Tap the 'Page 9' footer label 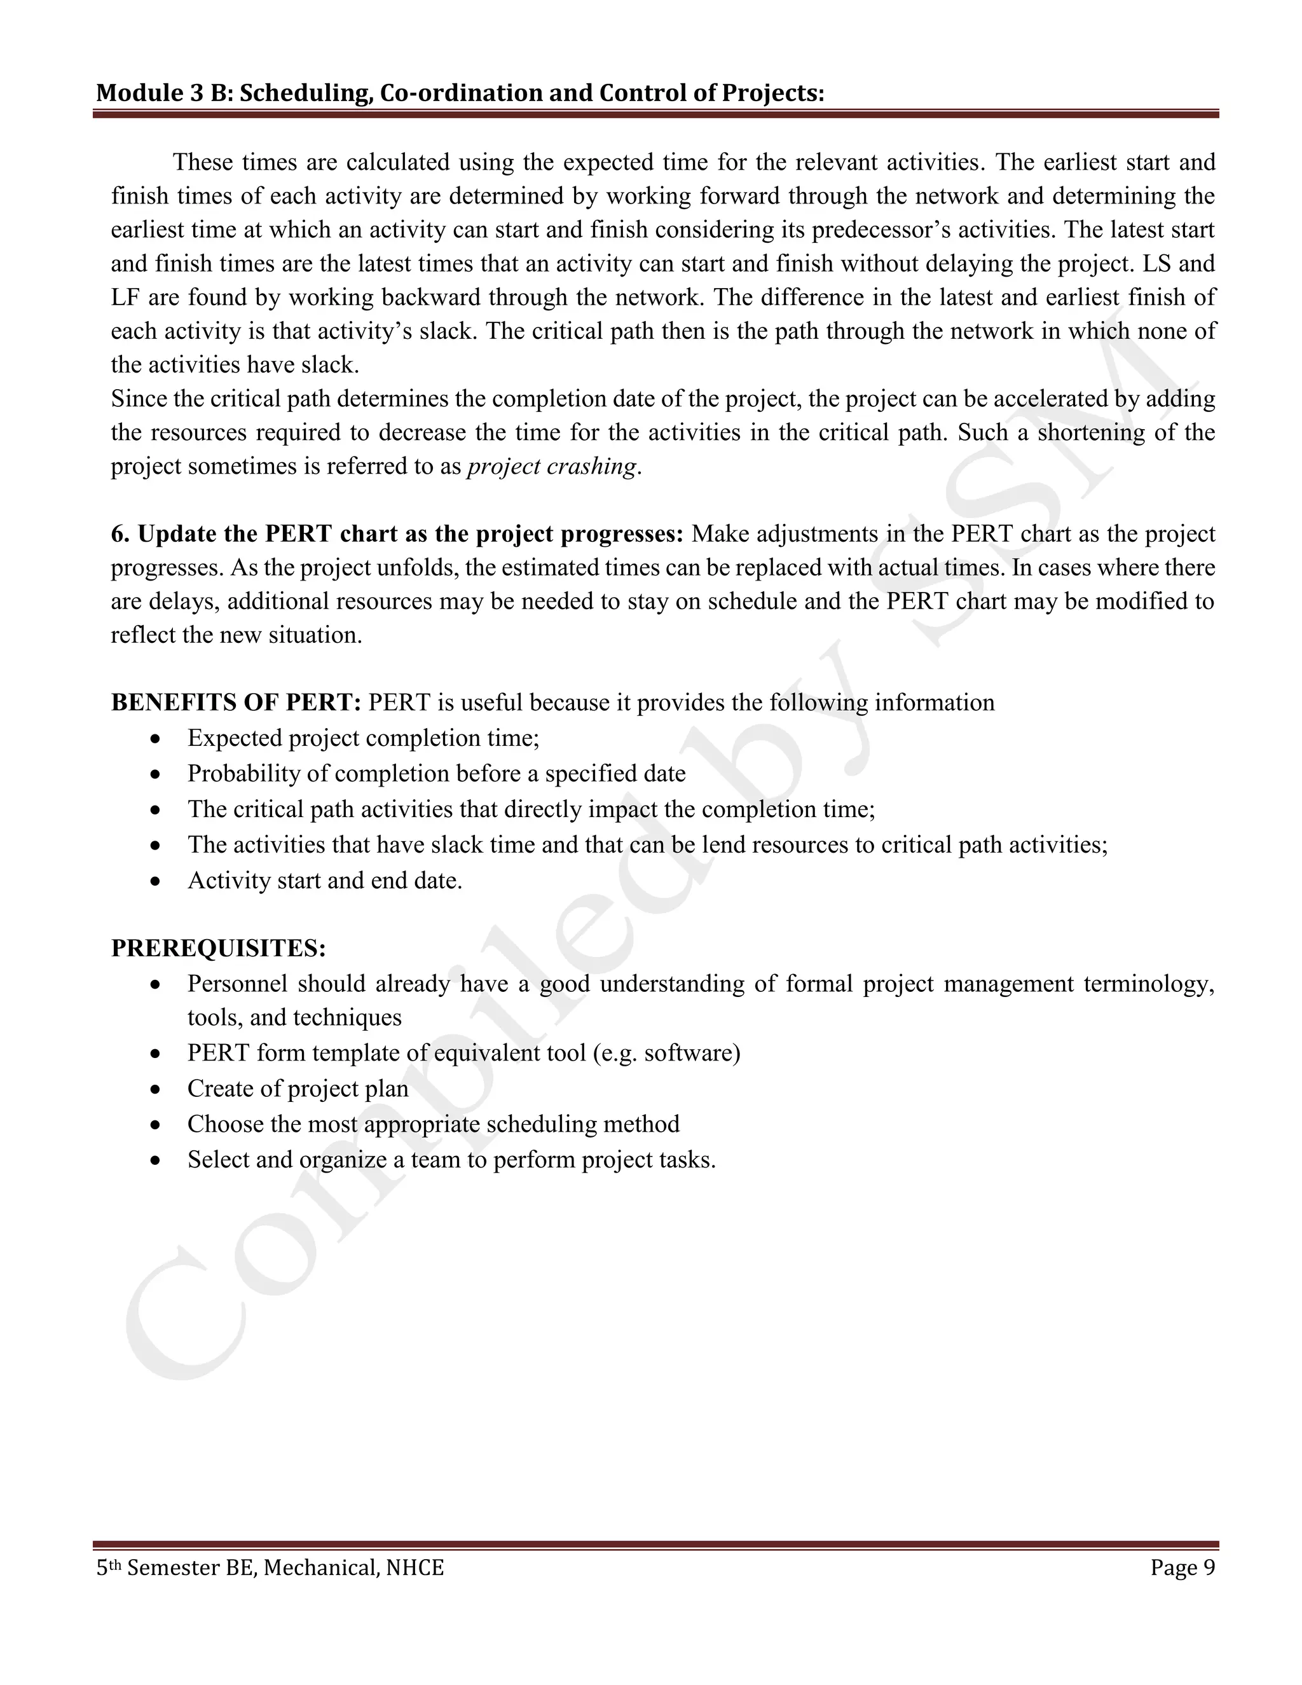click(x=1182, y=1568)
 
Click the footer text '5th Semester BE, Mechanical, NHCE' click(x=270, y=1568)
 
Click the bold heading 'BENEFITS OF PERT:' click(x=236, y=703)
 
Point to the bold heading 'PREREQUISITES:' click(x=218, y=948)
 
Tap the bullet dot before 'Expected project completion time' click(x=156, y=739)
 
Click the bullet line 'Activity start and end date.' click(x=325, y=880)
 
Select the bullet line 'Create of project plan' click(x=298, y=1089)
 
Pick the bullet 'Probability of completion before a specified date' click(x=435, y=774)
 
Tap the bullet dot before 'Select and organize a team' click(x=156, y=1160)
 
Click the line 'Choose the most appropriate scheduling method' click(x=433, y=1124)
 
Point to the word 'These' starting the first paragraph click(x=203, y=163)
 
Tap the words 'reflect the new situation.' click(x=236, y=636)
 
